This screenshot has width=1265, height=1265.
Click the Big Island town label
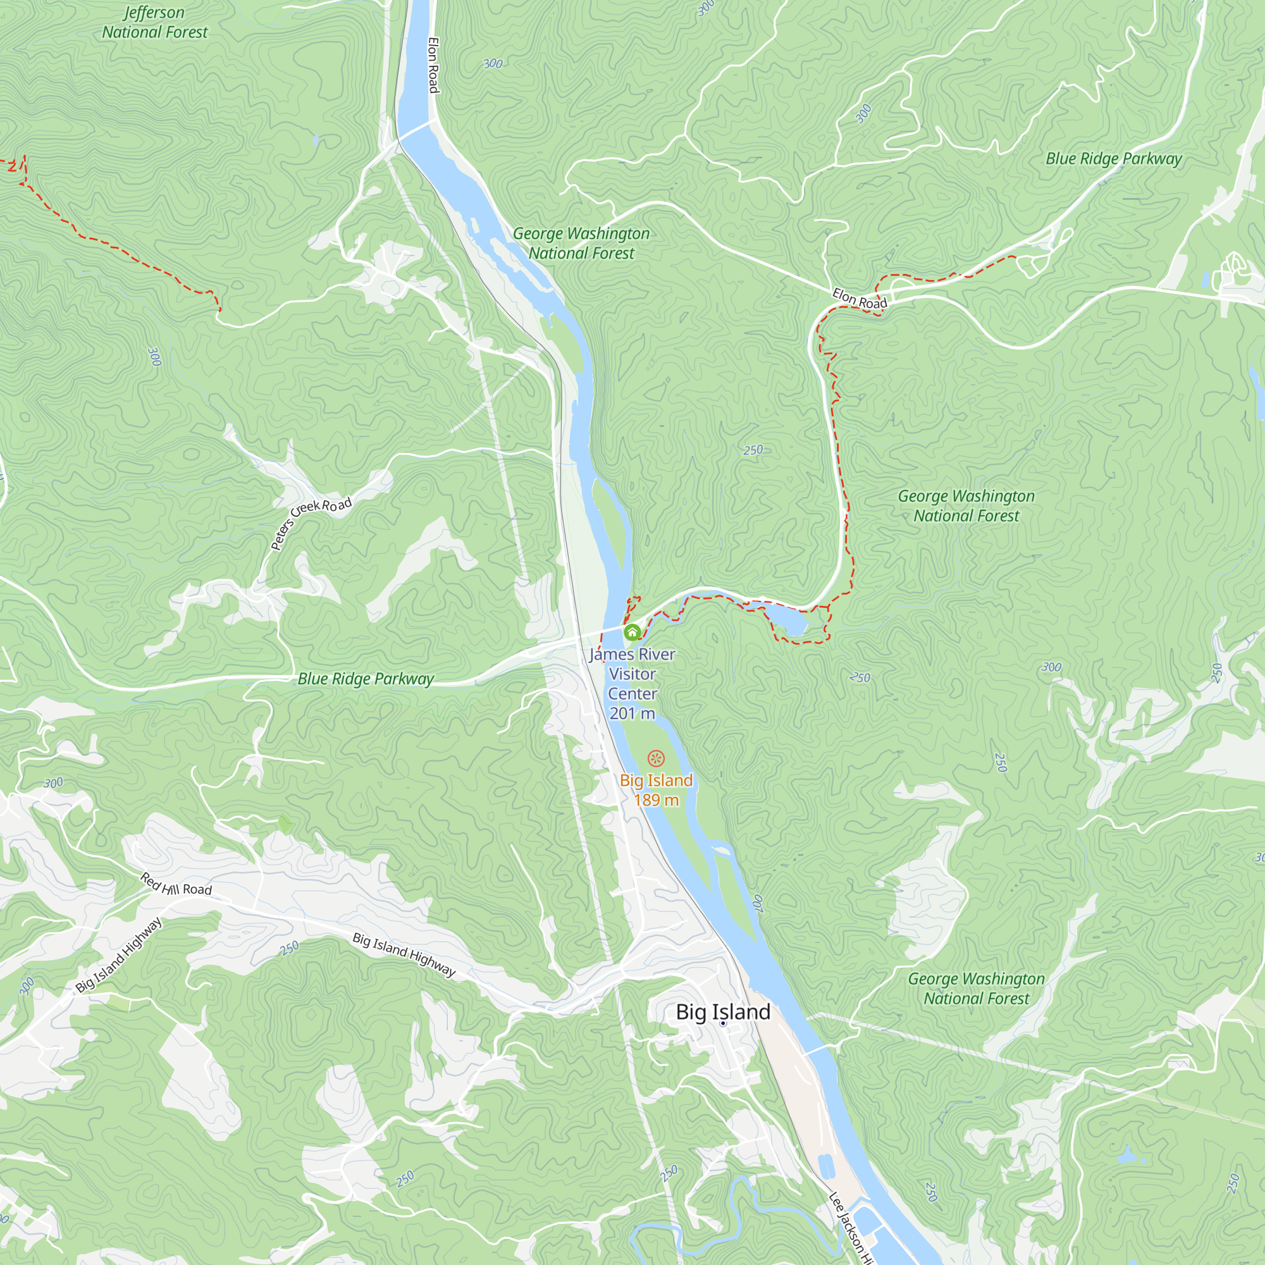pyautogui.click(x=723, y=1011)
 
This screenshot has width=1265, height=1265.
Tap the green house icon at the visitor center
pyautogui.click(x=632, y=632)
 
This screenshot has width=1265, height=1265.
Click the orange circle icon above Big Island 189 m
pyautogui.click(x=656, y=759)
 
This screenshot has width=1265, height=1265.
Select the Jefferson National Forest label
pyautogui.click(x=154, y=22)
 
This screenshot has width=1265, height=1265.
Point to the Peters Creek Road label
pyautogui.click(x=311, y=523)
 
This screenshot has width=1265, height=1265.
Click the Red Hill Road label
pyautogui.click(x=176, y=885)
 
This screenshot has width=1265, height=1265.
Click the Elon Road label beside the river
pyautogui.click(x=433, y=65)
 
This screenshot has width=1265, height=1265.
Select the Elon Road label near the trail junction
pyautogui.click(x=859, y=299)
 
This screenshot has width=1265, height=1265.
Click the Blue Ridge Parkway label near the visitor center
pyautogui.click(x=366, y=679)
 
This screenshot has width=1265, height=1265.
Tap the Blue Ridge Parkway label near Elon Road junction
pyautogui.click(x=1113, y=159)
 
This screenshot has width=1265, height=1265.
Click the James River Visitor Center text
pyautogui.click(x=632, y=683)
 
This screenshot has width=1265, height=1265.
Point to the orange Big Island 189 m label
pyautogui.click(x=656, y=789)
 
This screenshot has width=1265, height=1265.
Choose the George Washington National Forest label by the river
pyautogui.click(x=581, y=243)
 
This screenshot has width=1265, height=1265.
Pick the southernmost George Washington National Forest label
pyautogui.click(x=975, y=988)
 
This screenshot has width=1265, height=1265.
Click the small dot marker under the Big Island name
pyautogui.click(x=723, y=1023)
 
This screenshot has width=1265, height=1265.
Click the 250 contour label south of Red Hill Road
pyautogui.click(x=290, y=947)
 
